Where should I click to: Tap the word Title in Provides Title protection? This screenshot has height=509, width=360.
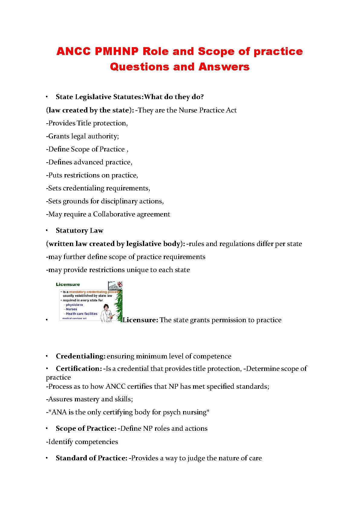coord(84,123)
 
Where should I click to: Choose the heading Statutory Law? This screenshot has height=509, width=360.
coord(79,231)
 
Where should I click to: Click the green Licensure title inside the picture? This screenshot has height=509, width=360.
coord(68,284)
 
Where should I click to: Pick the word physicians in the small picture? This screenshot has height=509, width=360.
coord(74,305)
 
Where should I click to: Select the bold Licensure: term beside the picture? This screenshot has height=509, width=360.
coord(141,320)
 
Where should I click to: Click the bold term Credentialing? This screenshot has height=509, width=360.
coord(80,356)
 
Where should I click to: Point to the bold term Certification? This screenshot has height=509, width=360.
coord(79,369)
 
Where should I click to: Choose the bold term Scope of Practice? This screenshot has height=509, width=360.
coord(86,429)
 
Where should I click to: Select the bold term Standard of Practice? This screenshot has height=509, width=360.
coord(91,458)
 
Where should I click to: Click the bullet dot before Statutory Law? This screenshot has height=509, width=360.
coord(47,231)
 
